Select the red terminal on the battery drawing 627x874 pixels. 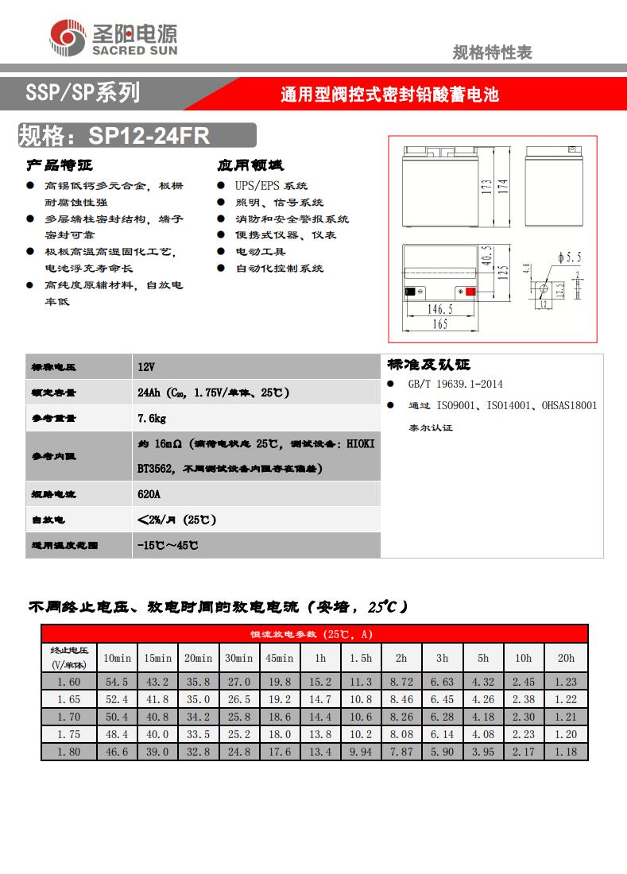click(x=470, y=292)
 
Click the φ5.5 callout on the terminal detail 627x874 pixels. click(x=569, y=257)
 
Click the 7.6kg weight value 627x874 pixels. click(x=152, y=418)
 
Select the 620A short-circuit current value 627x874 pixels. click(x=149, y=493)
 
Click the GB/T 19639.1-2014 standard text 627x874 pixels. click(x=455, y=384)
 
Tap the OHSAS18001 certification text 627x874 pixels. click(x=569, y=405)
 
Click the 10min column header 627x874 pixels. click(x=117, y=658)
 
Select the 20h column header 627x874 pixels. click(x=566, y=658)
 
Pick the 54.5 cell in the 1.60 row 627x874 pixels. click(x=117, y=682)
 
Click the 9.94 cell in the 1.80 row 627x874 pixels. click(x=361, y=752)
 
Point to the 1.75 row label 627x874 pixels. click(x=69, y=734)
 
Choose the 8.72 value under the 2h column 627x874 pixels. click(x=402, y=682)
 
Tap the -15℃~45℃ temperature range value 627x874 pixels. click(x=168, y=546)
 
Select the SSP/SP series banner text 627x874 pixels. click(x=83, y=93)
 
